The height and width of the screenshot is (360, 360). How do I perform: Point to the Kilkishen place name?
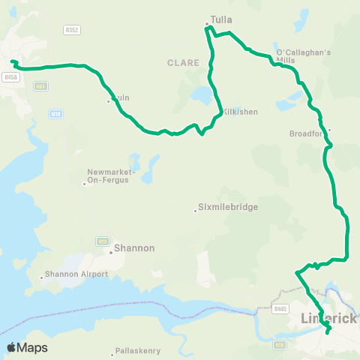click(240, 112)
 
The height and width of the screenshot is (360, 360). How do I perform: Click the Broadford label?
click(306, 135)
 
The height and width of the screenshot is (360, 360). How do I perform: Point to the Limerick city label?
click(329, 318)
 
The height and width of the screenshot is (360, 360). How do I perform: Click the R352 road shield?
click(72, 30)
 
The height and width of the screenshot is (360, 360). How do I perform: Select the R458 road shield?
click(10, 76)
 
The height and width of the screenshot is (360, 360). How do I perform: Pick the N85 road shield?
click(41, 87)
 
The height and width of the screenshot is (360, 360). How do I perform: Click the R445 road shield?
click(281, 307)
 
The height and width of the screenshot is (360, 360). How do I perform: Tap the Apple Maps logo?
click(27, 347)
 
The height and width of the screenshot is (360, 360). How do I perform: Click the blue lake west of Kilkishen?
click(202, 96)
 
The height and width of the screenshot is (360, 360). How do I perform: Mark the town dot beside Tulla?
click(207, 24)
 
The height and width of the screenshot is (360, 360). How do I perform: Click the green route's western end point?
click(13, 61)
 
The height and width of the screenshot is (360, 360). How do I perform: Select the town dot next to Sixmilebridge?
click(195, 211)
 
